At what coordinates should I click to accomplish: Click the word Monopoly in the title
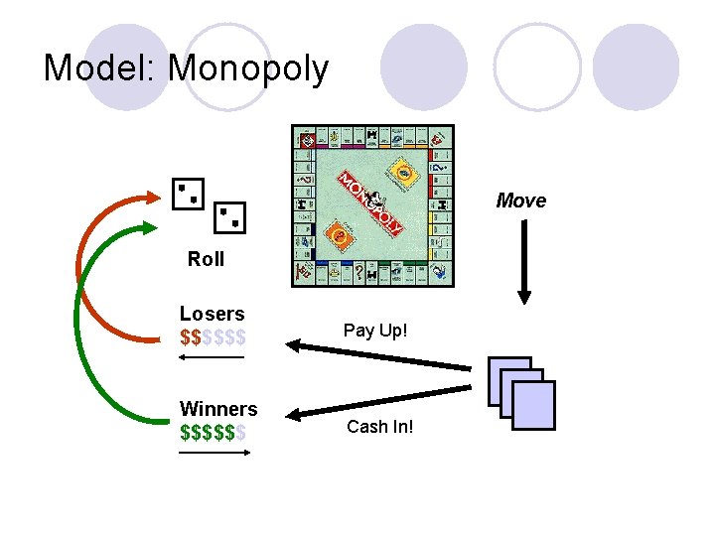click(248, 68)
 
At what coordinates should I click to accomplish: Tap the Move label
click(521, 201)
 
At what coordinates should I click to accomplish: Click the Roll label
click(207, 259)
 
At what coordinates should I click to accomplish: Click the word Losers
click(212, 314)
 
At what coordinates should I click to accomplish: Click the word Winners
click(217, 409)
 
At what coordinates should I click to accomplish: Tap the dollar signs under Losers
click(213, 336)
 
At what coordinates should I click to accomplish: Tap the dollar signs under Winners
click(213, 433)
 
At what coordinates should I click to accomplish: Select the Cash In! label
click(379, 427)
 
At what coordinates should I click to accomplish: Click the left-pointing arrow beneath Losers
click(211, 356)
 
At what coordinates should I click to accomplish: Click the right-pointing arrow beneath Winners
click(214, 453)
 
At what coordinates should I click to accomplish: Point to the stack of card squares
click(522, 393)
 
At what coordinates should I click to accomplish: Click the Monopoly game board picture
click(372, 206)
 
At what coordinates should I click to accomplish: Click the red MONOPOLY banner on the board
click(369, 204)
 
